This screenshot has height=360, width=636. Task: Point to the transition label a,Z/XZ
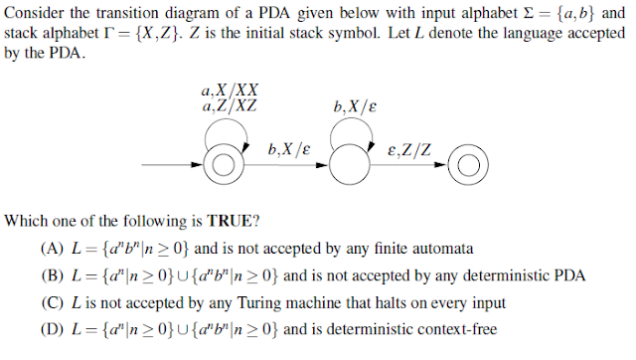pos(231,105)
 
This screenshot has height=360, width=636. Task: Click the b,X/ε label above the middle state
pos(357,105)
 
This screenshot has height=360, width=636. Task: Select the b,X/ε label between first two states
pos(288,149)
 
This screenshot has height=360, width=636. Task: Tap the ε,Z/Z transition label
pos(410,150)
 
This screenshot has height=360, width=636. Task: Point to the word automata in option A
pos(443,248)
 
